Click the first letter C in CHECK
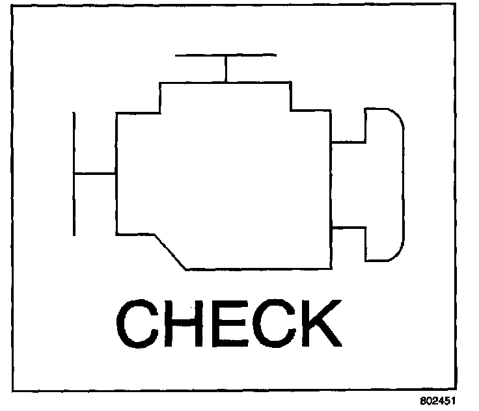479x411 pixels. (138, 323)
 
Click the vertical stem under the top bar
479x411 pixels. (226, 69)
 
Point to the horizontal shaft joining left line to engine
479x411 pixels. (95, 174)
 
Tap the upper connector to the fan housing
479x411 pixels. (349, 141)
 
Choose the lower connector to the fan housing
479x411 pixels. (349, 228)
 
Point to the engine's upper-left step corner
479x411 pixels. (160, 113)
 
